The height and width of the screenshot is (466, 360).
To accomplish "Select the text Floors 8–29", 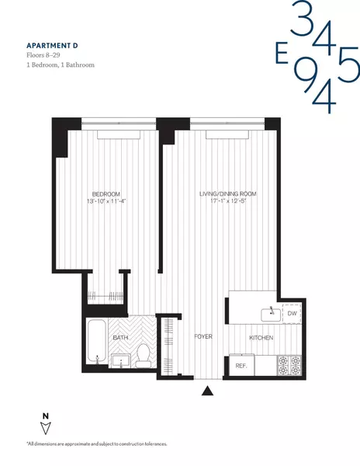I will click(46, 55).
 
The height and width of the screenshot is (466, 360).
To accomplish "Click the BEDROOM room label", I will click(106, 193).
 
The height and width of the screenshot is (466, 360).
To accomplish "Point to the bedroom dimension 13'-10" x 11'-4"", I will click(106, 202).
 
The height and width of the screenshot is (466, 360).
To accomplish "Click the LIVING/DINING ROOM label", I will click(227, 193).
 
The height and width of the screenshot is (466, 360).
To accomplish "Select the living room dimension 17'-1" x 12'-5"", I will click(227, 202).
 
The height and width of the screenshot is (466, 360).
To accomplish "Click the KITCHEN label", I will click(261, 338).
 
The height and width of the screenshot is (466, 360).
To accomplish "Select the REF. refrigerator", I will click(241, 365).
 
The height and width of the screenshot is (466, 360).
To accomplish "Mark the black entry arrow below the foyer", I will click(207, 392).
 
